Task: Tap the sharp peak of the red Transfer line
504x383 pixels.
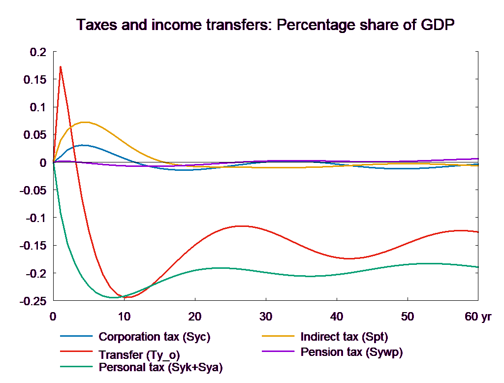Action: (61, 66)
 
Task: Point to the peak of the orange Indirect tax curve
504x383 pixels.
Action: (85, 122)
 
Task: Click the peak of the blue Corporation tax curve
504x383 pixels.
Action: (85, 145)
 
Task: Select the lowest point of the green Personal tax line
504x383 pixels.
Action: (114, 297)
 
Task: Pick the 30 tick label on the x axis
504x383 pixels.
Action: (265, 317)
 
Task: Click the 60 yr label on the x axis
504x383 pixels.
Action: (478, 317)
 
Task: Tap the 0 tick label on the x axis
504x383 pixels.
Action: (53, 317)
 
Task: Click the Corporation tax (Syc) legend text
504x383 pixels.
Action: (155, 337)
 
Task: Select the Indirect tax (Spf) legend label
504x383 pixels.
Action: (345, 337)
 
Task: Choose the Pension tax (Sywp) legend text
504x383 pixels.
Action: (351, 352)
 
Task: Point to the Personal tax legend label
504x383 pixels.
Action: (160, 367)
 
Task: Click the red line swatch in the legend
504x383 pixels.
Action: (76, 352)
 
